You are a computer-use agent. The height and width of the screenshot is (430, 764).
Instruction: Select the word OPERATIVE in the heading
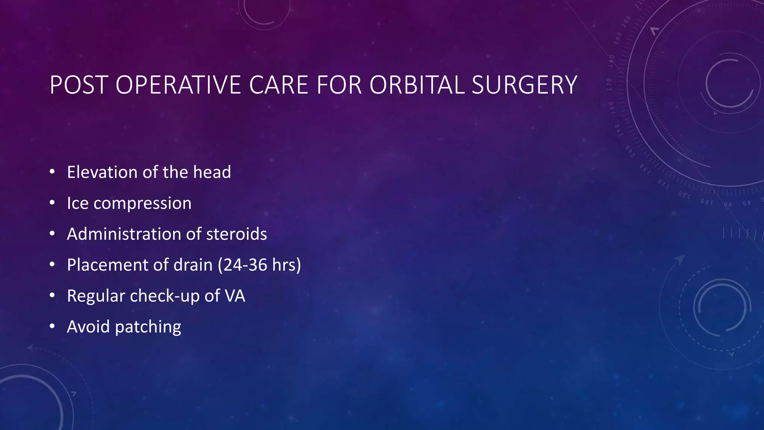click(178, 85)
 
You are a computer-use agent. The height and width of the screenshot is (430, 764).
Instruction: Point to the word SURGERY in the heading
click(525, 85)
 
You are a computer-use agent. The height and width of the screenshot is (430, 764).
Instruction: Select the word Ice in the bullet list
click(78, 203)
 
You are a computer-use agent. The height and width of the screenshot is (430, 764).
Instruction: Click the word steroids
click(237, 234)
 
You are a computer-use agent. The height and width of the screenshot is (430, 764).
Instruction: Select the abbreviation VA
click(235, 296)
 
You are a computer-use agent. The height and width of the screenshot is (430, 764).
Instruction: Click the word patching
click(148, 327)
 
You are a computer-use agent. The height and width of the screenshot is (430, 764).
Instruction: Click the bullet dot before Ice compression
click(52, 203)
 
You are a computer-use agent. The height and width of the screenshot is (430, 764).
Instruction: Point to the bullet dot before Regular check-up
click(52, 296)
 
